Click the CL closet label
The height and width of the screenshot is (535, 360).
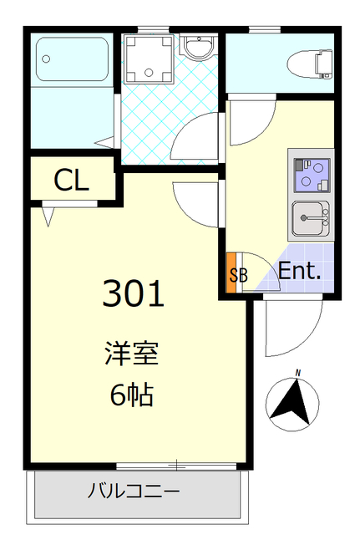71,180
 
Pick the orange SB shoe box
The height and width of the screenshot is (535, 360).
233,273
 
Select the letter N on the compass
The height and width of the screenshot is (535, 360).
297,374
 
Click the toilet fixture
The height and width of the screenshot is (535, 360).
303,61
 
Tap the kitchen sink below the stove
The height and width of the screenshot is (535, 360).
311,220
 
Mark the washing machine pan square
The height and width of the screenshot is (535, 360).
148,59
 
